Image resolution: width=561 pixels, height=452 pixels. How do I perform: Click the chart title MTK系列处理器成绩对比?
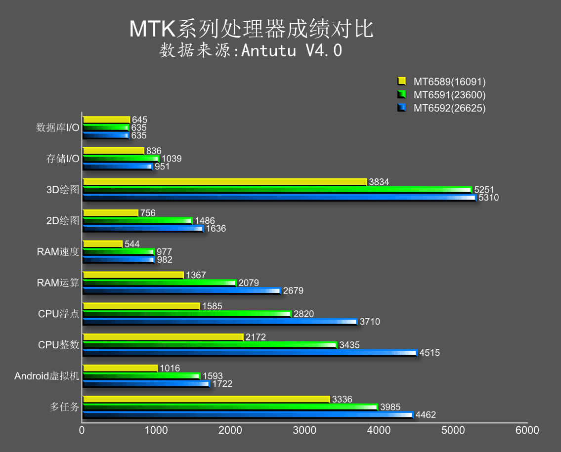click(251, 30)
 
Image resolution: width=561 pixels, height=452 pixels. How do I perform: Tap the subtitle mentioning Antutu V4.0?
click(251, 50)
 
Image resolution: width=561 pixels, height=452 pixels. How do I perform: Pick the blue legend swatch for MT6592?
click(401, 108)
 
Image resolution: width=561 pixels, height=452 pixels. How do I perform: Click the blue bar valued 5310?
click(279, 198)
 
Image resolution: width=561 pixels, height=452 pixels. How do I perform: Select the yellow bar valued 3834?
click(225, 182)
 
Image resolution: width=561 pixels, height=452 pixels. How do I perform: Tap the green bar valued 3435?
click(210, 345)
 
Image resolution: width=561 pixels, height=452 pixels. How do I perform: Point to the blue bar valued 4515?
click(250, 353)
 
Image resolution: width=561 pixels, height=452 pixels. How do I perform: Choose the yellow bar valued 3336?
click(206, 399)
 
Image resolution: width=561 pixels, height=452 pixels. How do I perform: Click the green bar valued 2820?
click(187, 314)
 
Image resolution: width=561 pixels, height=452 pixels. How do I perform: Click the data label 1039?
click(172, 159)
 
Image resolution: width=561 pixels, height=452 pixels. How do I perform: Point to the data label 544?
click(132, 244)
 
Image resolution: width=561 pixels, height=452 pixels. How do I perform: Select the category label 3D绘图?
click(63, 190)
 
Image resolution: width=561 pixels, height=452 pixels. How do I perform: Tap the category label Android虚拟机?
click(47, 376)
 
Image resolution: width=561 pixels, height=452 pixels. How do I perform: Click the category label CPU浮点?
click(58, 314)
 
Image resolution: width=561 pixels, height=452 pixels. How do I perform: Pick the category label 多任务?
click(64, 407)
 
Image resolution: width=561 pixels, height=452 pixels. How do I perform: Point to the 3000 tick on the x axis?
click(304, 430)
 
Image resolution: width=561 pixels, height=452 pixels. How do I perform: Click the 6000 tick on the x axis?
click(527, 430)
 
